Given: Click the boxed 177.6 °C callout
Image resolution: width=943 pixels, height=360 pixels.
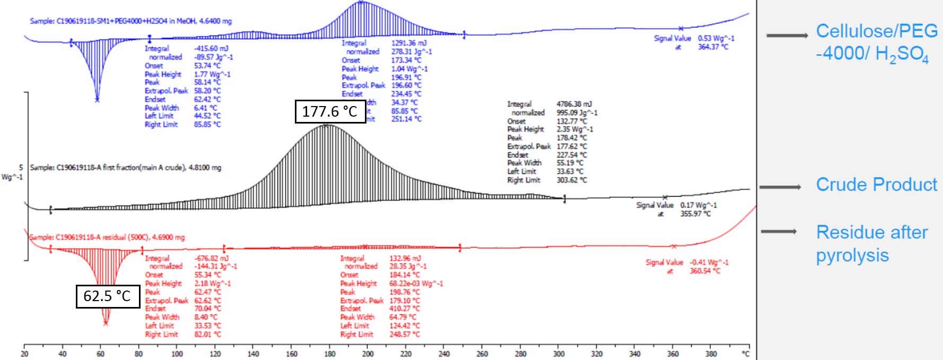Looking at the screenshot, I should coord(330,111).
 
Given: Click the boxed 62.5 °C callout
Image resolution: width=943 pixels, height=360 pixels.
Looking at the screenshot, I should coord(107,295).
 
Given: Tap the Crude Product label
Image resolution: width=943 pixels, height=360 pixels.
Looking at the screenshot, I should coord(876,185).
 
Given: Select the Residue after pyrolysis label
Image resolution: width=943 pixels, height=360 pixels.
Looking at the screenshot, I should coord(871,243).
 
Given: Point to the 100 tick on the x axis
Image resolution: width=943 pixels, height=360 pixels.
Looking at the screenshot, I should coord(177,354).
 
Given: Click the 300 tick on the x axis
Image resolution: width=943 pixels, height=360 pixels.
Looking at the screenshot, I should coord(558,354).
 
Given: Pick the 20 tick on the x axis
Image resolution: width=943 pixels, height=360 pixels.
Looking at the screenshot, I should coord(24,354).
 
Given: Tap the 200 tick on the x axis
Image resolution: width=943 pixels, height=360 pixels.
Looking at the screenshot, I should coord(368,354).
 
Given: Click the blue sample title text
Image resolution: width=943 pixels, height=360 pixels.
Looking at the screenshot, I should coord(130,21).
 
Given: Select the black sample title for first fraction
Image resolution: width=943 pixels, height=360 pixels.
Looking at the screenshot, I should coord(125,168).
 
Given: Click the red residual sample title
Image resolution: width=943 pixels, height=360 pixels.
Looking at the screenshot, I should coord(107,237).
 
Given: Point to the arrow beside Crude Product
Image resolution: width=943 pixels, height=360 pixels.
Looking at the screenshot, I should coord(780,187).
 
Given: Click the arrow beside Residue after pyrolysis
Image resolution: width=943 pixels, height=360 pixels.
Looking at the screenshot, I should coord(779,232).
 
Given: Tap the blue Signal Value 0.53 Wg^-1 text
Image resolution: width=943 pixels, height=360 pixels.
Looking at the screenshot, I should coord(694,39).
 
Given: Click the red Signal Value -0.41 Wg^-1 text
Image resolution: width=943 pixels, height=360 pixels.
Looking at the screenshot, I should coord(686,262).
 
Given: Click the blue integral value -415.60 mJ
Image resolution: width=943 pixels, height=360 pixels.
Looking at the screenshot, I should coord(211,48).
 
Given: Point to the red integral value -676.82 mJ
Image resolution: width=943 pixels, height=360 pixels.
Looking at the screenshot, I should coord(211,258).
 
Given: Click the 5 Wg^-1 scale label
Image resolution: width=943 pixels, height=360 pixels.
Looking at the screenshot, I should coord(13,172).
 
